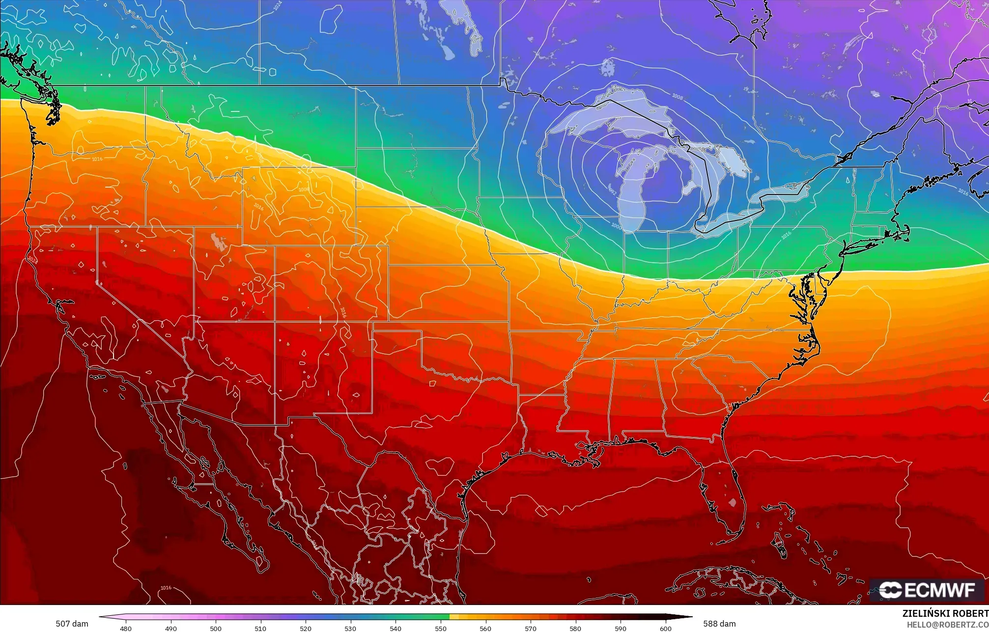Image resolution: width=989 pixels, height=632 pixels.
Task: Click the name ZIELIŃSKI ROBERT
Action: pyautogui.click(x=945, y=613)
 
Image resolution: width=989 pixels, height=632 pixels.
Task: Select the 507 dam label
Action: pyautogui.click(x=72, y=624)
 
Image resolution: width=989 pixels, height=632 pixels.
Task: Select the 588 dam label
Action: pyautogui.click(x=719, y=624)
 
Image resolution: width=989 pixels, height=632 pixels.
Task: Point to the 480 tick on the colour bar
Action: pyautogui.click(x=126, y=628)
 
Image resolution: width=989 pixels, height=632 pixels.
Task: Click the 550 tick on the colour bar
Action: pyautogui.click(x=440, y=628)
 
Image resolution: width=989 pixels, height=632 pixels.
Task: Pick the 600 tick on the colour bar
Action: pyautogui.click(x=665, y=628)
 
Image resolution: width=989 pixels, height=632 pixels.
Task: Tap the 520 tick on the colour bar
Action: pyautogui.click(x=306, y=628)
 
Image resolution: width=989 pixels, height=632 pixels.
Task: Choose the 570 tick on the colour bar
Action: pyautogui.click(x=530, y=628)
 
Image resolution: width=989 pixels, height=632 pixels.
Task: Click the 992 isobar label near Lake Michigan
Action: pyautogui.click(x=613, y=190)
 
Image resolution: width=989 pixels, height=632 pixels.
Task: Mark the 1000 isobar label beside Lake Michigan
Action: pyautogui.click(x=616, y=225)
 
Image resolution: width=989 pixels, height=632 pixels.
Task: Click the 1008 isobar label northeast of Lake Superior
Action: pyautogui.click(x=677, y=97)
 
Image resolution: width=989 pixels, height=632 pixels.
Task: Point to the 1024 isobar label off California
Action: pyautogui.click(x=32, y=258)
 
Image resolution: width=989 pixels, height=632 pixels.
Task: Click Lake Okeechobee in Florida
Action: pyautogui.click(x=733, y=502)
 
